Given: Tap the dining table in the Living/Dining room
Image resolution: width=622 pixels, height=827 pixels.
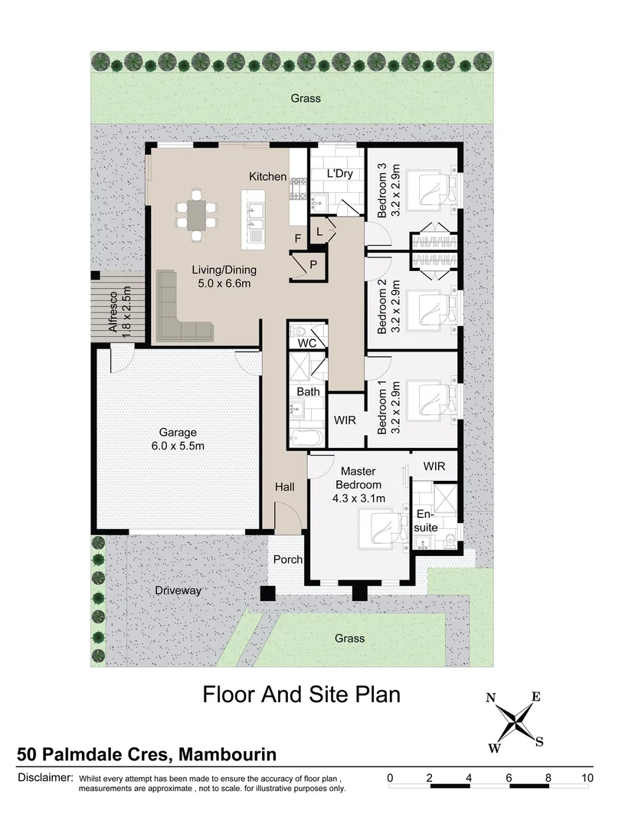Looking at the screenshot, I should [197, 214].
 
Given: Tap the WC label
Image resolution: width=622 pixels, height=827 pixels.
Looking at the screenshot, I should [307, 343].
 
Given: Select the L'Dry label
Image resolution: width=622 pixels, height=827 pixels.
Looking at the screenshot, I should [339, 174].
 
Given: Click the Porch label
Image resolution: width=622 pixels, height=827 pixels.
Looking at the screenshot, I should [288, 560].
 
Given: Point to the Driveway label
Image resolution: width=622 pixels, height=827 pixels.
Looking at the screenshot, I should [178, 590].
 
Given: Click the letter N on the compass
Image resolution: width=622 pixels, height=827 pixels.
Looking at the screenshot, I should [491, 697].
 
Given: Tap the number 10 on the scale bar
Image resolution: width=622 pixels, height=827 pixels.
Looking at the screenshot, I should [587, 777].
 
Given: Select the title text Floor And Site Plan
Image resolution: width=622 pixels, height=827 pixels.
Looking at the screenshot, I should [301, 695].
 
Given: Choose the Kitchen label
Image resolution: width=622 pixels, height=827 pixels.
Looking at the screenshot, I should [267, 177].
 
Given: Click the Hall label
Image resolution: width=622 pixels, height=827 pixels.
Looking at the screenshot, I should [285, 486].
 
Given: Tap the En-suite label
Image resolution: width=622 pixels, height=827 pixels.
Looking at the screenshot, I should [427, 521].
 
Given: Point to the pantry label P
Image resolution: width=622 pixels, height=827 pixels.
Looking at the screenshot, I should [313, 265].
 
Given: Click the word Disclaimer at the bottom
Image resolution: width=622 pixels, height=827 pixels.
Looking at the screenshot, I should [44, 777].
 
